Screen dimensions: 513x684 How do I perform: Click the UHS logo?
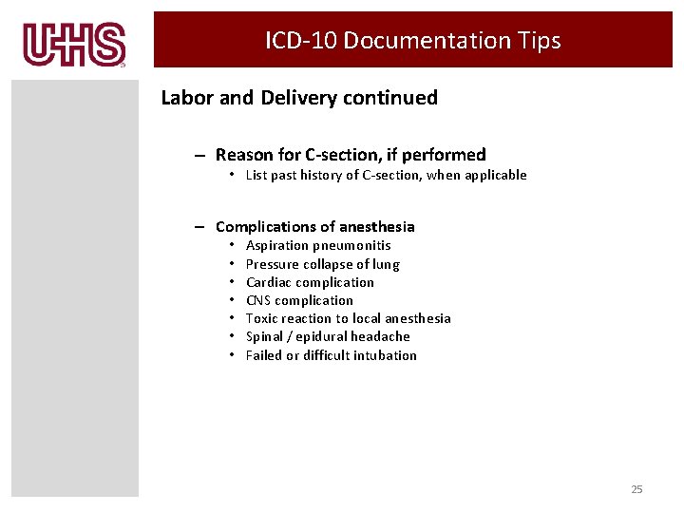[x=75, y=44]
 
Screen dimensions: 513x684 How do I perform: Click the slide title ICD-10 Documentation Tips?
[x=413, y=41]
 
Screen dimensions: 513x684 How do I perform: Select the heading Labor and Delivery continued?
[x=299, y=98]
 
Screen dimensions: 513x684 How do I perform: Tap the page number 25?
[x=636, y=489]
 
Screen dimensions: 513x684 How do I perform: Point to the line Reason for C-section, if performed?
[x=351, y=155]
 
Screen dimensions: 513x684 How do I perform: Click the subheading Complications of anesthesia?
[x=315, y=227]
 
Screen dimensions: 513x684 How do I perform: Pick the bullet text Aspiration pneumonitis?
[x=318, y=246]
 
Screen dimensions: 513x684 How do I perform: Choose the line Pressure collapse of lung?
[x=322, y=264]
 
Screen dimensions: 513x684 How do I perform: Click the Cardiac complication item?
[x=310, y=282]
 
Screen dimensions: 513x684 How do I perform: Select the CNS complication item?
[x=299, y=300]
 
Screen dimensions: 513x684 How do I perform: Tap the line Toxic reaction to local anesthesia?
[x=348, y=318]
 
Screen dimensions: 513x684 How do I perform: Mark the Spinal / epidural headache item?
[x=328, y=336]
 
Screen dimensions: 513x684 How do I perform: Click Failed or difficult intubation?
[x=331, y=355]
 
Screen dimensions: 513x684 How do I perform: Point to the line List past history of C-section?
[x=386, y=175]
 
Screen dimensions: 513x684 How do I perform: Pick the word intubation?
[x=385, y=355]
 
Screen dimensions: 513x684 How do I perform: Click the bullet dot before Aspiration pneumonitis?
[x=231, y=246]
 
